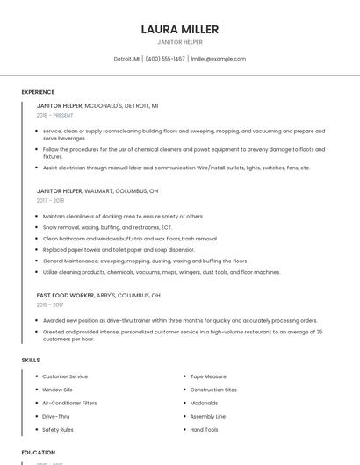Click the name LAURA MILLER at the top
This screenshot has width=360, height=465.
(x=179, y=30)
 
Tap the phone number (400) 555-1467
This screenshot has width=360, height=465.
(x=165, y=59)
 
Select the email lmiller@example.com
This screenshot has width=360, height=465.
(x=218, y=59)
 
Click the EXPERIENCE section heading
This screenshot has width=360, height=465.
(x=38, y=92)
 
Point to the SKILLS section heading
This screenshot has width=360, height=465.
(x=31, y=360)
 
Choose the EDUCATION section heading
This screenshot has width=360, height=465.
(x=39, y=453)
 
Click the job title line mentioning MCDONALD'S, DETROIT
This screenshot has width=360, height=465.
(x=97, y=105)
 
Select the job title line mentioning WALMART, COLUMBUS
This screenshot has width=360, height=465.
(x=97, y=190)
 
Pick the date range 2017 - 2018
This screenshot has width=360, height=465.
(x=50, y=201)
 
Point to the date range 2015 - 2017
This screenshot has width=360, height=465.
(x=50, y=305)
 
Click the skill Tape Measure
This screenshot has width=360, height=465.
(x=208, y=376)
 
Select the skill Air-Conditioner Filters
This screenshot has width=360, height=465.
(x=69, y=403)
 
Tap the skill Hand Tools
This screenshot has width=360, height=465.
(x=205, y=430)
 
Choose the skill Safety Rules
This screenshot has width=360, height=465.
(x=58, y=430)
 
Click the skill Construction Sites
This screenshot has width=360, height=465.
(x=213, y=390)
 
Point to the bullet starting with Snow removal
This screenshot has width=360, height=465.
(x=107, y=227)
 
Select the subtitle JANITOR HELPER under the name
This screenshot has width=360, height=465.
(x=179, y=42)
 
